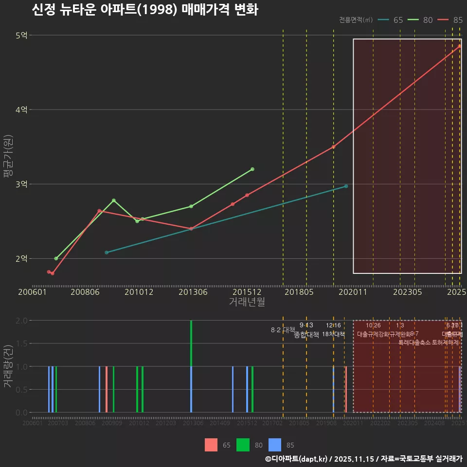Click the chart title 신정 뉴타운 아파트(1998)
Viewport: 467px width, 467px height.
[144, 10]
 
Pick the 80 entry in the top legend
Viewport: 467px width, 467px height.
[421, 20]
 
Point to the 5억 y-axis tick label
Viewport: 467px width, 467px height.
[22, 36]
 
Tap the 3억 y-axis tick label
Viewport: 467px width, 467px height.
[22, 184]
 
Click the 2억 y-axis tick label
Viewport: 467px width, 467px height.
[22, 259]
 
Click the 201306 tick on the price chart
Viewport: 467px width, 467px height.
[193, 292]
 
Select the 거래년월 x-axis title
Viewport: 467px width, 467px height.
[247, 302]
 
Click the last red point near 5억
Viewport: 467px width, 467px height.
[459, 46]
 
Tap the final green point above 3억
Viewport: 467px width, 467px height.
[252, 169]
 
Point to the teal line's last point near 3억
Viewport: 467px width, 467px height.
[346, 186]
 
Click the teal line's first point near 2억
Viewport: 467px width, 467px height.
[107, 252]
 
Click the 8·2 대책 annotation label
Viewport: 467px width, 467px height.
[283, 330]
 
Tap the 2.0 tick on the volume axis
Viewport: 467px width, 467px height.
[21, 321]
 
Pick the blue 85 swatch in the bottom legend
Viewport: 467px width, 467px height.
[275, 445]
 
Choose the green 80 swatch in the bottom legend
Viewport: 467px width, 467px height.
[243, 445]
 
